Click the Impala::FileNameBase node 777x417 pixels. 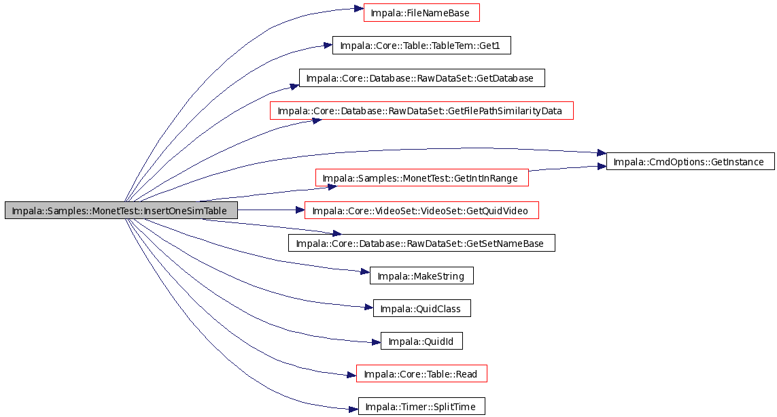(421, 13)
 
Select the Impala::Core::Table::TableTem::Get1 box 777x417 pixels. (421, 46)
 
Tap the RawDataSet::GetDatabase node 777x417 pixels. (421, 78)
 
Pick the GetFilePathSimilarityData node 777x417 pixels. (421, 111)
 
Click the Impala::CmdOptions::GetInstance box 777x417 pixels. (690, 162)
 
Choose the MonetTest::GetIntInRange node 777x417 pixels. (422, 178)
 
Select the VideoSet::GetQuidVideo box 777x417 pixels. (421, 211)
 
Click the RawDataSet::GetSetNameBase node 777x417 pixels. (421, 244)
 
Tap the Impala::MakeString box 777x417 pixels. (421, 276)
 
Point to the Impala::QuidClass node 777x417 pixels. (421, 309)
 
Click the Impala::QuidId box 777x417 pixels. (421, 341)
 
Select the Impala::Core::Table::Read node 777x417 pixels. (421, 374)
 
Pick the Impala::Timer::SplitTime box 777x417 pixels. (421, 407)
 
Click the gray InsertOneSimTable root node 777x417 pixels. (122, 211)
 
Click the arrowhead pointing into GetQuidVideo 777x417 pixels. (300, 210)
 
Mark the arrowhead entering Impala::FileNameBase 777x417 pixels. (359, 8)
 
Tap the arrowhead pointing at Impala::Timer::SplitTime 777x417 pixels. (353, 410)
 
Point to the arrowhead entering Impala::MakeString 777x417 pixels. (365, 271)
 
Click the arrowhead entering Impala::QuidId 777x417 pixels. (376, 342)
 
